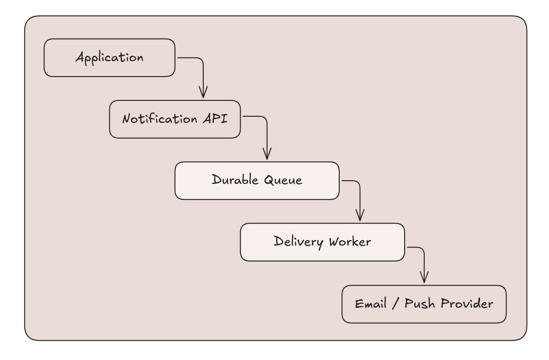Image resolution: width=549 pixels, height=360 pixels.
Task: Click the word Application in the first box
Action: [109, 58]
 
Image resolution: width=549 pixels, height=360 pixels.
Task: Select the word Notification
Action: [160, 119]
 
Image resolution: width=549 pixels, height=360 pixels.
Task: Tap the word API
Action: [215, 118]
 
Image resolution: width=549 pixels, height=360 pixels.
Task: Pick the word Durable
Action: [235, 179]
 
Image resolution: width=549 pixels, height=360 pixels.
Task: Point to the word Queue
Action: [283, 180]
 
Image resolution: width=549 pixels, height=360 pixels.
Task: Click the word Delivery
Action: [298, 242]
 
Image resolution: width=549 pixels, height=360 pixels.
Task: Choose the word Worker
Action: [350, 241]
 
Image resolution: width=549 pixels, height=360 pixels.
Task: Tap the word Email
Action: [371, 304]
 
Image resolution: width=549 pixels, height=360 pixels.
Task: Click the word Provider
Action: [467, 303]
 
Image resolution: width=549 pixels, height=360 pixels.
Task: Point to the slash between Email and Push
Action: [396, 304]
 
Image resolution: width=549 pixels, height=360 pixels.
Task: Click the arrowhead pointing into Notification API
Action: [203, 92]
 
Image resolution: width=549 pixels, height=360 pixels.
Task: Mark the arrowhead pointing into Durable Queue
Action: [267, 154]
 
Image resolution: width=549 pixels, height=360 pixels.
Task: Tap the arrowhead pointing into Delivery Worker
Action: [360, 215]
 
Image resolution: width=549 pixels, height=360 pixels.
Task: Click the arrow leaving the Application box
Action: [203, 66]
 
